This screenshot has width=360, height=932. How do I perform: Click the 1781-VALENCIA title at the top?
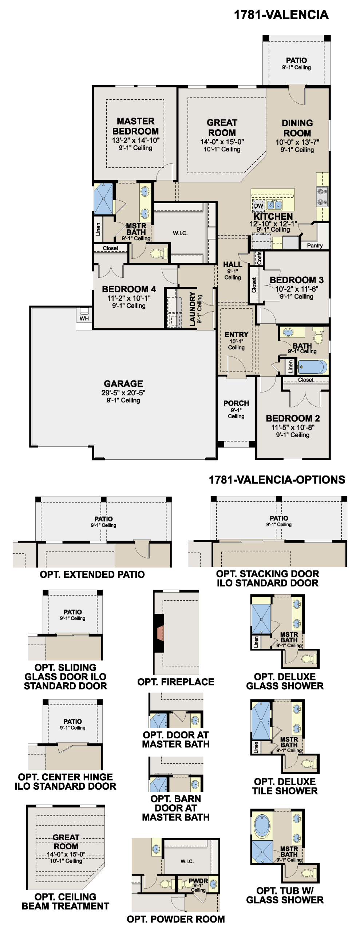(281, 15)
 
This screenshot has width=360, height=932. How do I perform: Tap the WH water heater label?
(84, 319)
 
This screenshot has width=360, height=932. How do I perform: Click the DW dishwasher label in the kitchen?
(258, 206)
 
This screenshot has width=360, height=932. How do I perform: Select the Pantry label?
(315, 245)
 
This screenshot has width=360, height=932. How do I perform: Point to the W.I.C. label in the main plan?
(180, 233)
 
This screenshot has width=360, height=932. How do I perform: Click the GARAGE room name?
(123, 384)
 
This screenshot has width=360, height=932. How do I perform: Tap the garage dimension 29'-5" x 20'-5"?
(123, 393)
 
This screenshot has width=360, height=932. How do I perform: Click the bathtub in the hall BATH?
(312, 367)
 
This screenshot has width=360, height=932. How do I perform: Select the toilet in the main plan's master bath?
(159, 253)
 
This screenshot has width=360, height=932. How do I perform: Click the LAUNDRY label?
(192, 309)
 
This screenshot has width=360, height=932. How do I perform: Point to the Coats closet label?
(259, 258)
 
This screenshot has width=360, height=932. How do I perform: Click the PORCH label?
(236, 403)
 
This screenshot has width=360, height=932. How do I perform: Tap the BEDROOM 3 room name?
(296, 280)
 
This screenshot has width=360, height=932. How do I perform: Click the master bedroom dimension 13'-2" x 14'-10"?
(135, 141)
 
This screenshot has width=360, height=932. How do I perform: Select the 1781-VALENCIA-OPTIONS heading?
(277, 480)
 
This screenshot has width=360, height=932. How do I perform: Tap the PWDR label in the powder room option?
(198, 881)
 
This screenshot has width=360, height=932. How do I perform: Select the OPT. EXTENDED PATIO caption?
(92, 574)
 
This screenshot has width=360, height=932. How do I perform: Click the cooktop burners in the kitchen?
(322, 197)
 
